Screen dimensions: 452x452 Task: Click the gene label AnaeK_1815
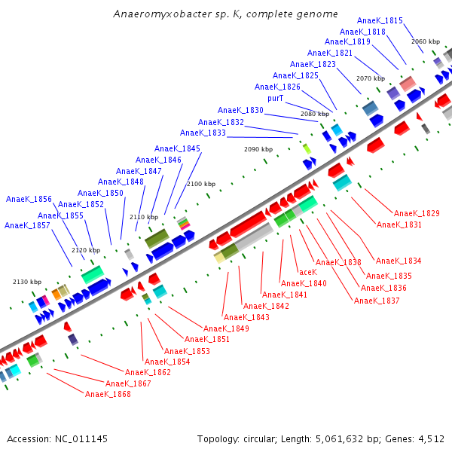380,20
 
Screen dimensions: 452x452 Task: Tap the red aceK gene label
307,272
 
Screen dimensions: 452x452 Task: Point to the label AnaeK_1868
108,394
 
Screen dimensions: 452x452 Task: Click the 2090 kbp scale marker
258,149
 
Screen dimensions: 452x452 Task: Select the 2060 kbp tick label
426,41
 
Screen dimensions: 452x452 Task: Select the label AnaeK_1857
27,225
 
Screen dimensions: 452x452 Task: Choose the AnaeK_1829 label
417,213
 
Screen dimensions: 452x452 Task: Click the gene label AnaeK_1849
226,328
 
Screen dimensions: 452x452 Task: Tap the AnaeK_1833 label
203,133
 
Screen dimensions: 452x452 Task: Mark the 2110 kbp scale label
144,217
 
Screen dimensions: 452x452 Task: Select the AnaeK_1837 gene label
377,301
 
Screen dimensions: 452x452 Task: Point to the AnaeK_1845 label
177,148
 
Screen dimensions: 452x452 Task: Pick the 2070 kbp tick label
371,78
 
